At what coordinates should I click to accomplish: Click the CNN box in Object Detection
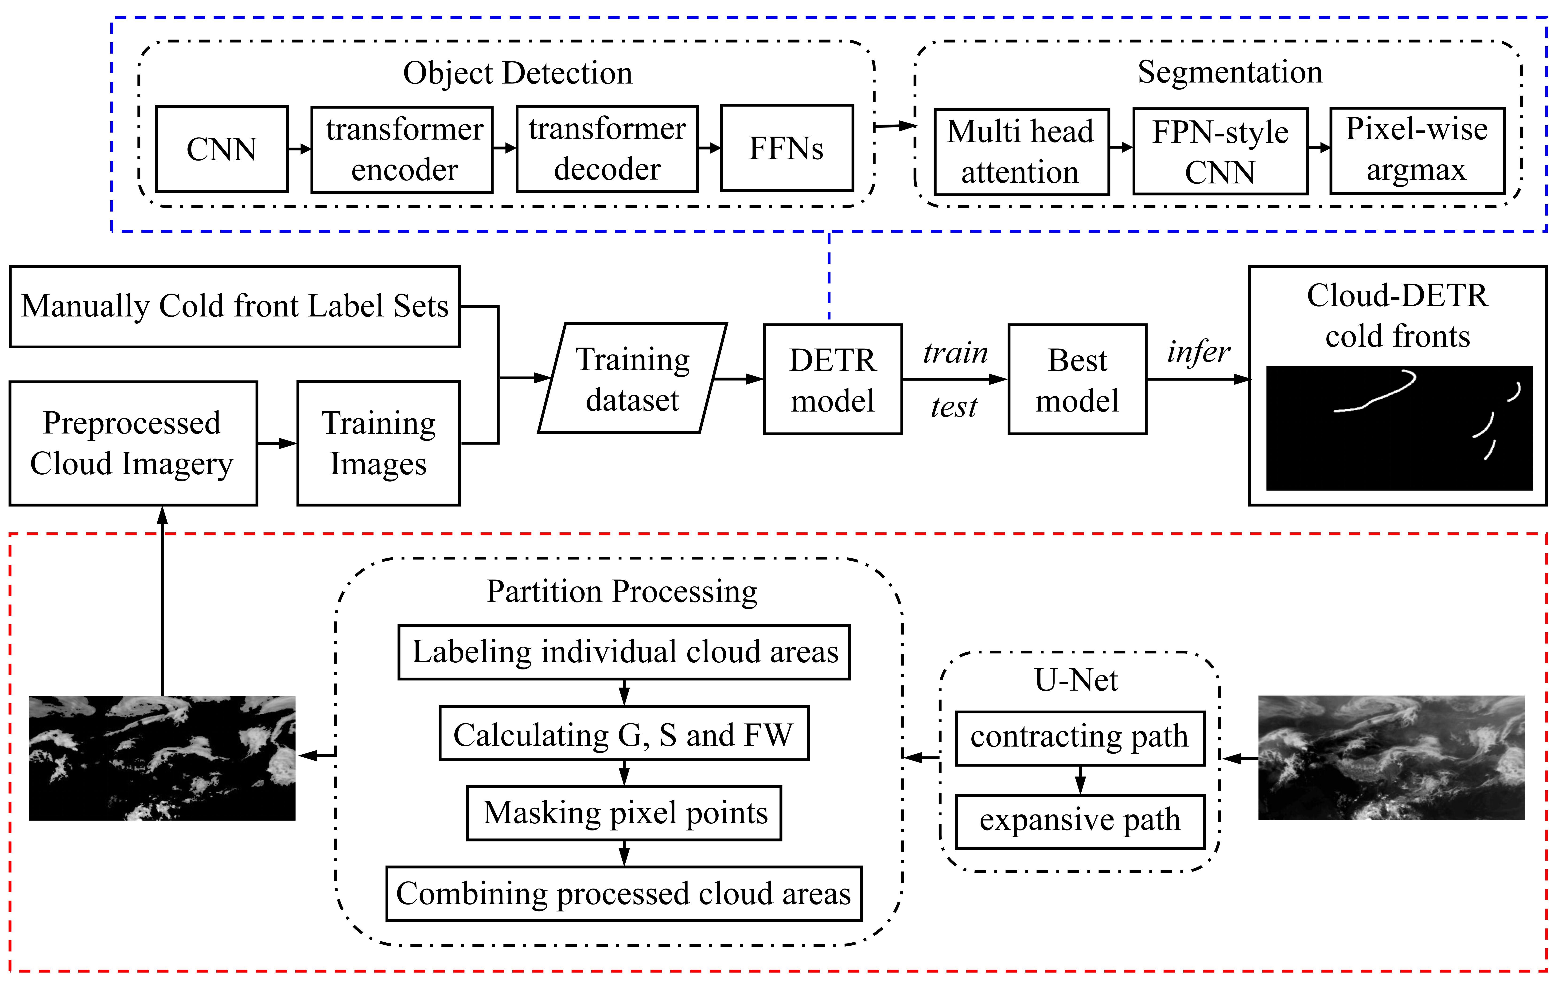click(222, 149)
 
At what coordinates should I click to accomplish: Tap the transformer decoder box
click(607, 149)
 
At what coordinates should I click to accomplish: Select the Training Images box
click(378, 443)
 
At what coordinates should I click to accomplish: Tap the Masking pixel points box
click(624, 813)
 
